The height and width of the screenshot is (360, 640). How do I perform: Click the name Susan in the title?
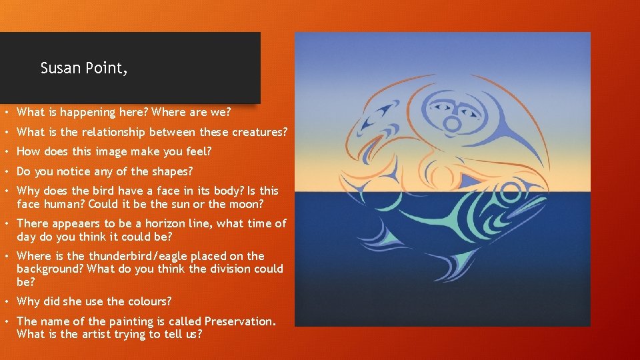[61, 68]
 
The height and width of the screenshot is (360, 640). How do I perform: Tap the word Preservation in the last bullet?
[239, 321]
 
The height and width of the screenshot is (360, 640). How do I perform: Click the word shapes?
[168, 171]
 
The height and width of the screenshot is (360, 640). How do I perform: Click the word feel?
[198, 151]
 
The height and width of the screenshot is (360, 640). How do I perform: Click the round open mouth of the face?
[452, 124]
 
